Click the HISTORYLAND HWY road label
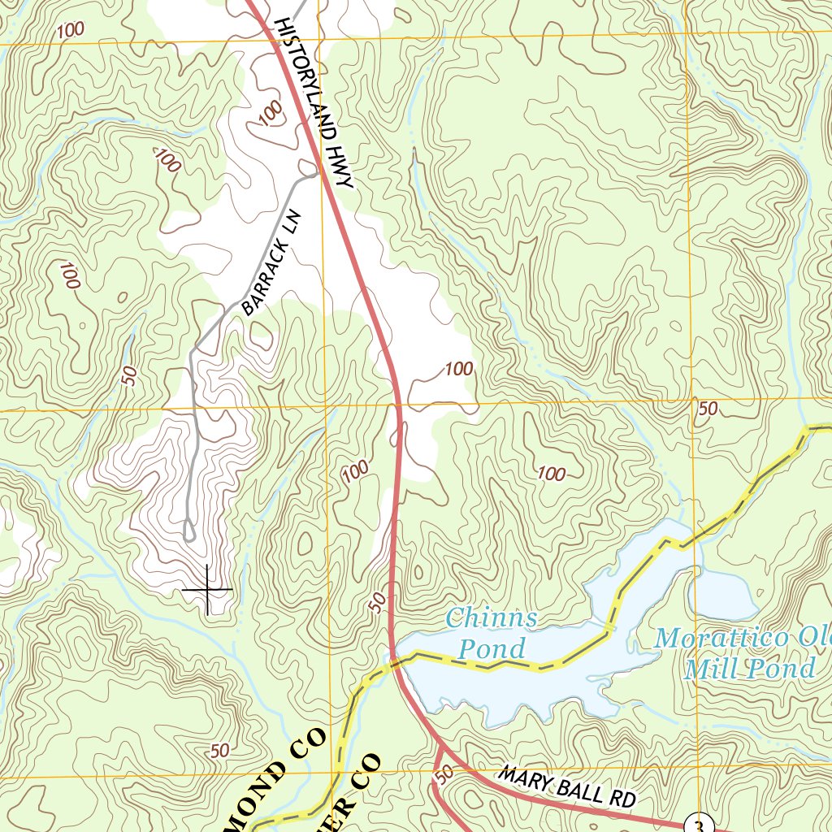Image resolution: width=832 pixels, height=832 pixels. pyautogui.click(x=314, y=103)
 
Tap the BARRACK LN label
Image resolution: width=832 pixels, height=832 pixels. pyautogui.click(x=272, y=262)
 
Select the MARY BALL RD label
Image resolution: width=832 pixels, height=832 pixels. pyautogui.click(x=566, y=787)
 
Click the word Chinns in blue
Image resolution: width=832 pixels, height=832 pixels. pyautogui.click(x=492, y=617)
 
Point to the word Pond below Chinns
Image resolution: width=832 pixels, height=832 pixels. pyautogui.click(x=492, y=648)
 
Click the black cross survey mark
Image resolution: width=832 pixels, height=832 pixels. pyautogui.click(x=207, y=588)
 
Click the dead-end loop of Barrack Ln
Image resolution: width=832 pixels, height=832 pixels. pyautogui.click(x=188, y=535)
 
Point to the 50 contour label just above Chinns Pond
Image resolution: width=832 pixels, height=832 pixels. pyautogui.click(x=376, y=602)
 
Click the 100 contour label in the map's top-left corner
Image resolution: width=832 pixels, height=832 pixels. pyautogui.click(x=71, y=30)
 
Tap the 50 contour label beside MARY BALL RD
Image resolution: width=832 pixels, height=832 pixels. pyautogui.click(x=443, y=776)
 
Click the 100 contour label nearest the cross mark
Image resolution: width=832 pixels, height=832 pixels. pyautogui.click(x=355, y=470)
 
